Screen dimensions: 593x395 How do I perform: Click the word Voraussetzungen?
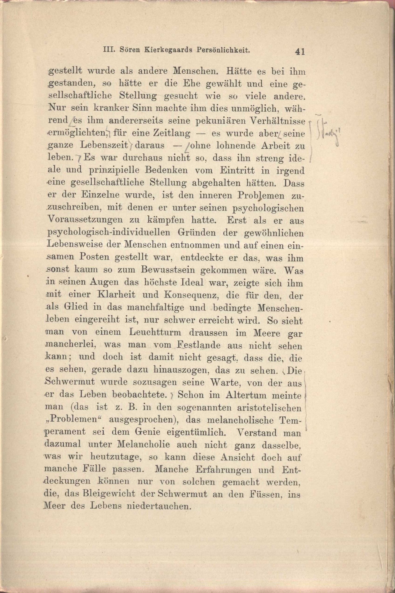(85, 220)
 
